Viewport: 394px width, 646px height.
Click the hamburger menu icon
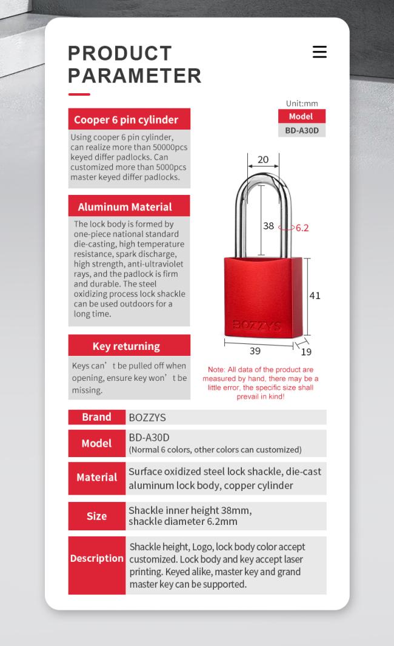[x=319, y=52]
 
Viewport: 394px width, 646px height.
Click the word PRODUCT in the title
[x=120, y=53]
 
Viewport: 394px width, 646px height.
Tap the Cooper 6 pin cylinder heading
[x=126, y=120]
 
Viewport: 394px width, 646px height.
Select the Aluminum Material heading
[x=125, y=207]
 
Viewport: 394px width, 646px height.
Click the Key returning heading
[x=126, y=346]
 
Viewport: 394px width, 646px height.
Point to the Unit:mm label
[x=302, y=104]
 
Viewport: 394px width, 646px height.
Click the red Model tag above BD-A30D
[x=301, y=116]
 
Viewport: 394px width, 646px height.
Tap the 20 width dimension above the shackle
[x=263, y=160]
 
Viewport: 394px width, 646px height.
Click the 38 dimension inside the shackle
[x=269, y=226]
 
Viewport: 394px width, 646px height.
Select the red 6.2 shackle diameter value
[x=302, y=228]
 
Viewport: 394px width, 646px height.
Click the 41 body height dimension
[x=315, y=295]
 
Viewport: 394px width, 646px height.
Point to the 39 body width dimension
[x=255, y=351]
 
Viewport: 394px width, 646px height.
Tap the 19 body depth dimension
[x=306, y=352]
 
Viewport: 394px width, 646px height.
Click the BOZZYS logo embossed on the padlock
[x=257, y=326]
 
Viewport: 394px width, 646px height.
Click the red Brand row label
[x=96, y=417]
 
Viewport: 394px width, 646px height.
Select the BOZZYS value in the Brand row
[x=147, y=418]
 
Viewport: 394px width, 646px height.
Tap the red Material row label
[x=96, y=478]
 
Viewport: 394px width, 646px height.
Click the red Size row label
[x=96, y=516]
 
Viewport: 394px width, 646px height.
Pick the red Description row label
[x=96, y=559]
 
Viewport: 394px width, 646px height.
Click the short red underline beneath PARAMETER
[x=79, y=94]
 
